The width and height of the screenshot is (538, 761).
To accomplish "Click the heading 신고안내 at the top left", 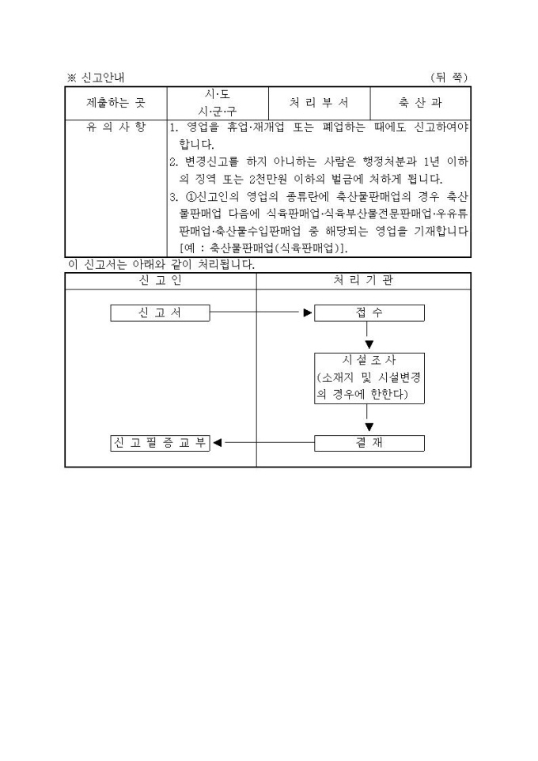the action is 102,78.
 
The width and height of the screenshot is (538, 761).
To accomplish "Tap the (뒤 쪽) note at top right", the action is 449,78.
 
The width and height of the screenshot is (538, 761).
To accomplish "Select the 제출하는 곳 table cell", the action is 116,103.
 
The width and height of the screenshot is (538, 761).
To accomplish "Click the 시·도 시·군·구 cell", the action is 218,103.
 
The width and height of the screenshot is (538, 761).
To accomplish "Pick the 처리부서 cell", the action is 319,103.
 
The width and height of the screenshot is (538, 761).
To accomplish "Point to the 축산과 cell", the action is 420,103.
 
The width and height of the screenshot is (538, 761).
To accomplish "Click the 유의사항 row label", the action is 116,127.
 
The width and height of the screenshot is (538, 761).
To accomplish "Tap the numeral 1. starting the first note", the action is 174,127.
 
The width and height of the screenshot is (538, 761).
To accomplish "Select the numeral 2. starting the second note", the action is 174,162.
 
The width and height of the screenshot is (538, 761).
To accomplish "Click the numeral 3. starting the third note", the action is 174,197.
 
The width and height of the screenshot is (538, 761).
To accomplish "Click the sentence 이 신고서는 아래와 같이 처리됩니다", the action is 161,264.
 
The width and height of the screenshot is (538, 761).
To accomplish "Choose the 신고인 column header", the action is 161,281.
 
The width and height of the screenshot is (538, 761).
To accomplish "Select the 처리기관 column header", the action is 363,281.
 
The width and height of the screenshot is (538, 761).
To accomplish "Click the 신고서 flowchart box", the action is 161,313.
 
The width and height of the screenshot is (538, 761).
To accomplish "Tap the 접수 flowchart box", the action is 369,313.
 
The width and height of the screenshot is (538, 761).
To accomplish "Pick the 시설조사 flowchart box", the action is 369,378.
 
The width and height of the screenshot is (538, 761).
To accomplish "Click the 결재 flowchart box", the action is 369,443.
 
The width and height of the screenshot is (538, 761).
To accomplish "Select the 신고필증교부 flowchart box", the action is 161,443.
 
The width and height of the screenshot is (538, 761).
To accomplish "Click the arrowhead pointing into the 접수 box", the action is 308,313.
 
